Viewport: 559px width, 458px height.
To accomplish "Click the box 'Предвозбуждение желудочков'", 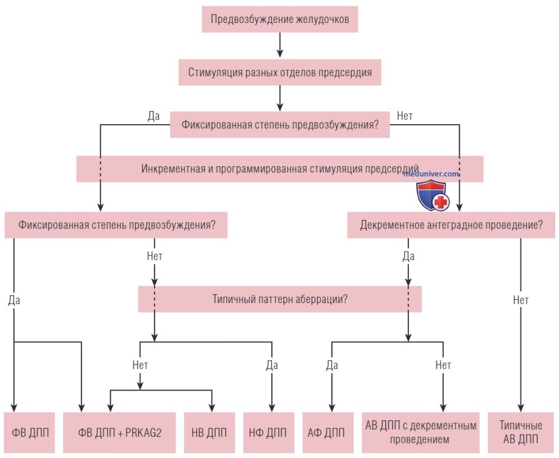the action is [x=280, y=19].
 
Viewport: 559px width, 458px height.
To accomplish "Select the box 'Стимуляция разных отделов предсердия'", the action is [x=280, y=72].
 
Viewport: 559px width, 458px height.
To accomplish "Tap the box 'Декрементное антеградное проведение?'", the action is [x=451, y=225].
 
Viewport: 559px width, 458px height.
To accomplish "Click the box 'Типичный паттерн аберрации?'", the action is [x=280, y=299].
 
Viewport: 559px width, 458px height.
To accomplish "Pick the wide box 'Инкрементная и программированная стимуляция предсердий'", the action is [x=280, y=169].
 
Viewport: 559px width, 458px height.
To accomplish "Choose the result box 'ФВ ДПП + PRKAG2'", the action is [x=120, y=433].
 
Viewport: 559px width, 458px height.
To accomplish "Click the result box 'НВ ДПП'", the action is [x=209, y=433].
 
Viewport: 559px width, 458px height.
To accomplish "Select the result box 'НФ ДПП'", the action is [x=269, y=433].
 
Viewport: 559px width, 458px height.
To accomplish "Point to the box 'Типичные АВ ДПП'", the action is [x=520, y=433].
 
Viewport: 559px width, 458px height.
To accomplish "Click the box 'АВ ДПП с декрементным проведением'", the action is [x=421, y=433].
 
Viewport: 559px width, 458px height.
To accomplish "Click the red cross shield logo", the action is [x=433, y=195].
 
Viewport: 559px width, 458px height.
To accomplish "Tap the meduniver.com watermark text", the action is [x=431, y=174].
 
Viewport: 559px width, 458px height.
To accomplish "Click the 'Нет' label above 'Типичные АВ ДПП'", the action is [x=520, y=300].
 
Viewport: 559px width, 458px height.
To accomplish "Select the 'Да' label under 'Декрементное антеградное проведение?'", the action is [x=408, y=256].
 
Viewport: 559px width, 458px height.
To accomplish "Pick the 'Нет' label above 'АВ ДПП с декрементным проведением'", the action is [x=443, y=365].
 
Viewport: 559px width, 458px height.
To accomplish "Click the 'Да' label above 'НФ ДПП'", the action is [x=272, y=365].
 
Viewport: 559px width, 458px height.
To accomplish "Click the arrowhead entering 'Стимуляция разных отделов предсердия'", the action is [x=280, y=53].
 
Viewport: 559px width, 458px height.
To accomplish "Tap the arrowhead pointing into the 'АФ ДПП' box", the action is [x=332, y=408].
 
